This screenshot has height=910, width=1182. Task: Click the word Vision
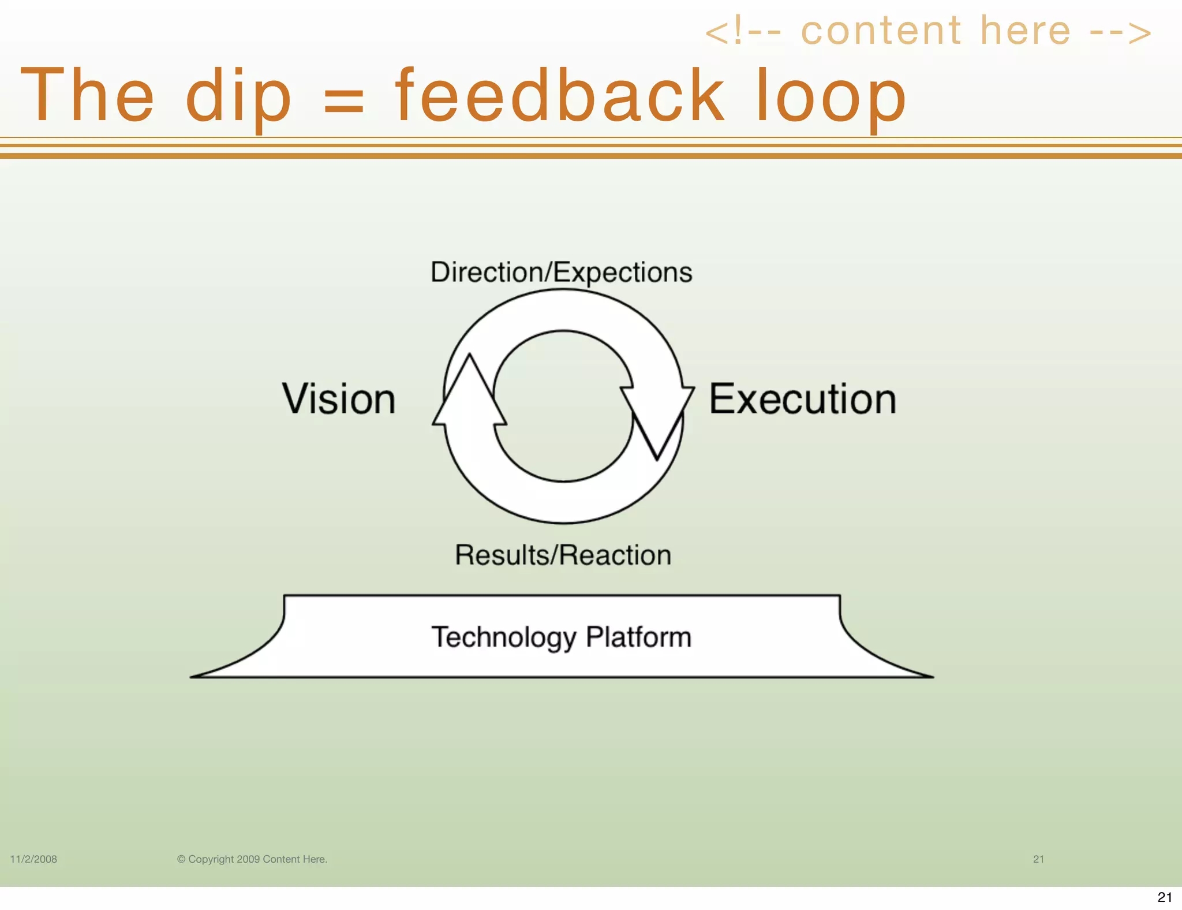coord(339,399)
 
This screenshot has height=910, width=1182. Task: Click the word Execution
coord(802,399)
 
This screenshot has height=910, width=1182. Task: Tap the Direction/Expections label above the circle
coord(561,272)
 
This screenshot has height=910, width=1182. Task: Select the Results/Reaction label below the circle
coord(563,555)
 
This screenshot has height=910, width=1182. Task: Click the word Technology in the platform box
coord(503,637)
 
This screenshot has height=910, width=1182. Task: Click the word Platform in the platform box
coord(638,637)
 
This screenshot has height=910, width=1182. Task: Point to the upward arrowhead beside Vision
coord(469,393)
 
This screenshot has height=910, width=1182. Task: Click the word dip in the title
coord(238,96)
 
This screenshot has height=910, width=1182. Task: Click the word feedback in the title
coord(559,95)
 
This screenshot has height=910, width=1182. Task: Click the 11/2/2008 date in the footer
coord(33,859)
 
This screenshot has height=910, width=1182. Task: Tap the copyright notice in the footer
coord(252,859)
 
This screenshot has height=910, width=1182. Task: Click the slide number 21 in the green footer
coord(1038,859)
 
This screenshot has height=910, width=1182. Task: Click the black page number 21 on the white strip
coord(1165,897)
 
